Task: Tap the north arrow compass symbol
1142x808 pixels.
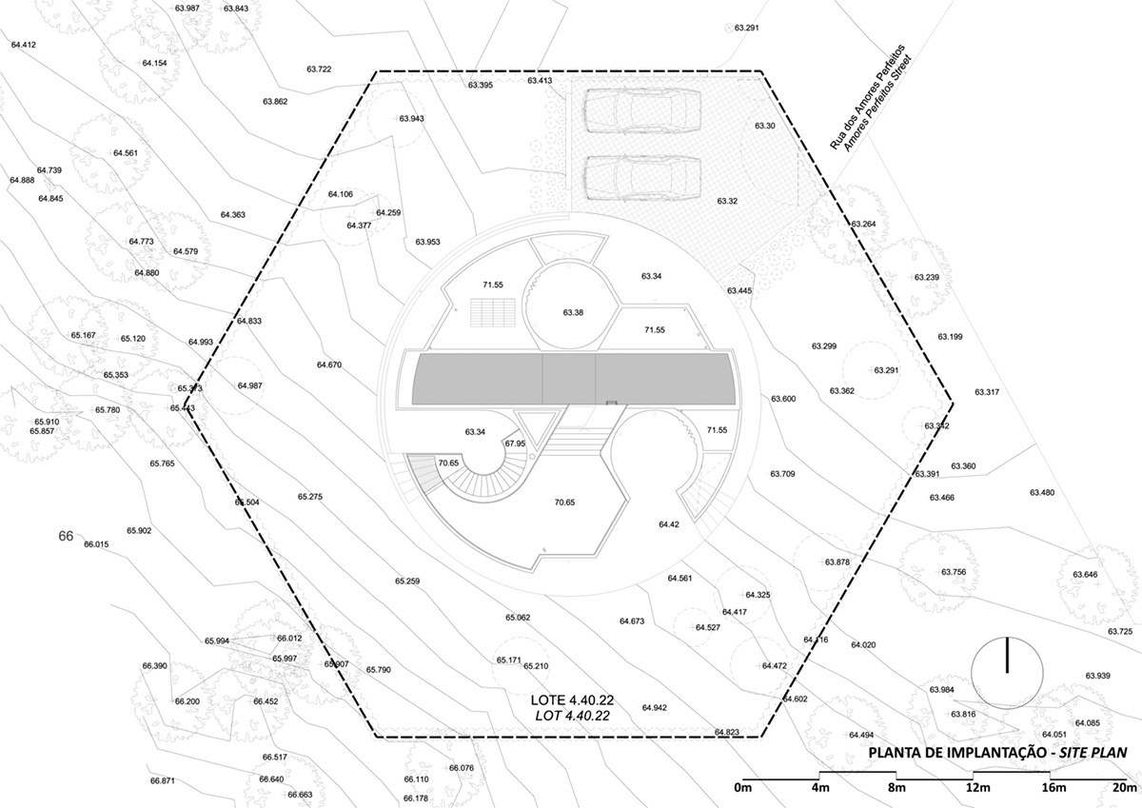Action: pyautogui.click(x=1006, y=672)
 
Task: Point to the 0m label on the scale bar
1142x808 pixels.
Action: pyautogui.click(x=743, y=788)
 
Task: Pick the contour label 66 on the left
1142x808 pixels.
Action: pyautogui.click(x=66, y=536)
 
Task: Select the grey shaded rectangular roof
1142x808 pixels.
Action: pyautogui.click(x=573, y=378)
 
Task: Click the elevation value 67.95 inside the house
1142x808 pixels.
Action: pyautogui.click(x=515, y=443)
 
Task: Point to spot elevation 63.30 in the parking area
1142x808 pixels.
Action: pyautogui.click(x=765, y=126)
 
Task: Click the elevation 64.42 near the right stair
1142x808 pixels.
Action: pyautogui.click(x=669, y=523)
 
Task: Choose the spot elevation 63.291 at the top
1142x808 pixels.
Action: pyautogui.click(x=746, y=28)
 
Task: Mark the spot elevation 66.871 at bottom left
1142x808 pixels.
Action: pyautogui.click(x=162, y=780)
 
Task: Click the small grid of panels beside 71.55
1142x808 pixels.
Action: pyautogui.click(x=491, y=312)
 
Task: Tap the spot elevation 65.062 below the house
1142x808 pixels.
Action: pyautogui.click(x=518, y=618)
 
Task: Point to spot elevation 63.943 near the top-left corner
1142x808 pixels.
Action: pyautogui.click(x=411, y=119)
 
